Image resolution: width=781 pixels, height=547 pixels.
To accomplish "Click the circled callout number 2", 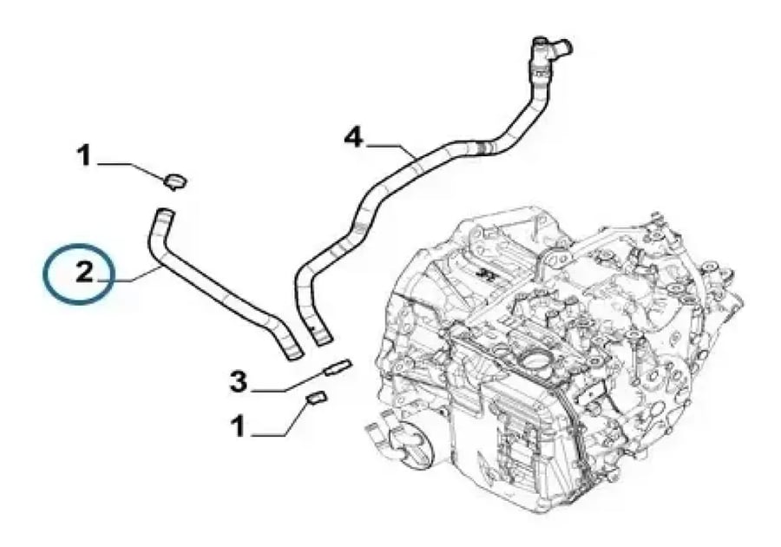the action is (84, 273).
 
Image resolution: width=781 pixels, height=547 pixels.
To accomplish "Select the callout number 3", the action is (239, 382).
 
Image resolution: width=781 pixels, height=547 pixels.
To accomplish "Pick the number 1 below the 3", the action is (238, 427).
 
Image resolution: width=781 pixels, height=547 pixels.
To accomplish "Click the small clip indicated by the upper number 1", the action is (174, 181).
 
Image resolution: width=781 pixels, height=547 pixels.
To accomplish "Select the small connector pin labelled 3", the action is (338, 366).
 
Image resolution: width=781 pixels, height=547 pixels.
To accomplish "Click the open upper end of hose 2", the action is (164, 214).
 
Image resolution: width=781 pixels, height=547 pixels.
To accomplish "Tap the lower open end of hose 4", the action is (322, 339).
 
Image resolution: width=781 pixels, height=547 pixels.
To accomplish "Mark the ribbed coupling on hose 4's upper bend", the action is (485, 148).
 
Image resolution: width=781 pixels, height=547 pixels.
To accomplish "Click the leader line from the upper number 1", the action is (131, 168).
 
